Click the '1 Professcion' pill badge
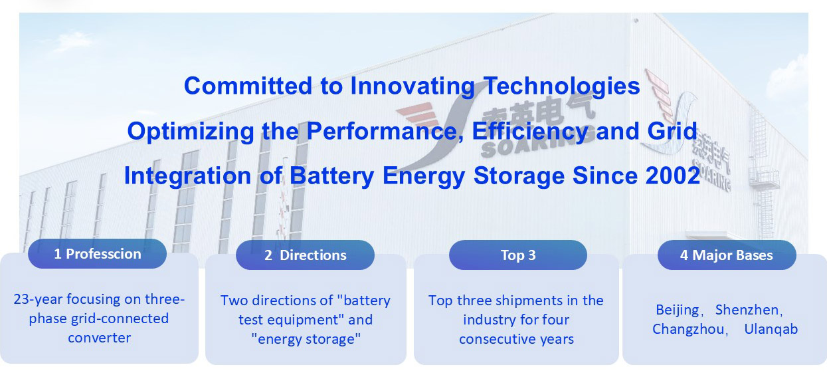coord(98,254)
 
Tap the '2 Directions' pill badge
coord(306,255)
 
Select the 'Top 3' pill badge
coord(518,255)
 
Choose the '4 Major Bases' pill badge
coord(727,255)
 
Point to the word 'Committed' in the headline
coord(248,86)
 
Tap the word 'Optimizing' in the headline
coord(191,132)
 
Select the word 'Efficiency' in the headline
coord(530,132)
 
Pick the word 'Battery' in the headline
coord(331,176)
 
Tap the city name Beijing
coord(678,311)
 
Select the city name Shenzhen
coord(747,310)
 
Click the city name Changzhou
coord(688,329)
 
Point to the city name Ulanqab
coord(771,329)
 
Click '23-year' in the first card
coord(38,299)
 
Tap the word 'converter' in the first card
coord(100,338)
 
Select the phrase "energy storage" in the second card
coord(306,339)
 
